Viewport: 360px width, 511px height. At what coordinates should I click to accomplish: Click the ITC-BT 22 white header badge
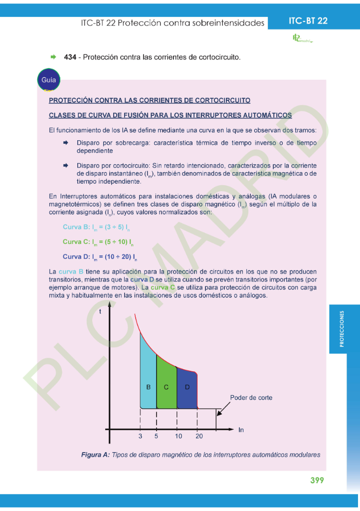(x=308, y=21)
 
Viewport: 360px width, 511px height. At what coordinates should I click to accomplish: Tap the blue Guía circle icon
(x=48, y=80)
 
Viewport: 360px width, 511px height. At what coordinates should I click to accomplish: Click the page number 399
(x=317, y=480)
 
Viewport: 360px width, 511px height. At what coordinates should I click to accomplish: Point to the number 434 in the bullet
(x=70, y=57)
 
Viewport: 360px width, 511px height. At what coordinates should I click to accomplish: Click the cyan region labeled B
(x=148, y=379)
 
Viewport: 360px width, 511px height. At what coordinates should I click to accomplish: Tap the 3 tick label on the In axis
(x=141, y=436)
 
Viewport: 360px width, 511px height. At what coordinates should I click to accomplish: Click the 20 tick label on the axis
(x=199, y=436)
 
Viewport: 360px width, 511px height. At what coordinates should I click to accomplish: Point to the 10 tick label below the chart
(x=178, y=436)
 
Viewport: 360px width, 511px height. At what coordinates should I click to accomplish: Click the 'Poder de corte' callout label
(x=251, y=398)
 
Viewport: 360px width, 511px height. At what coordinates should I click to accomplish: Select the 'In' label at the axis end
(x=241, y=430)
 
